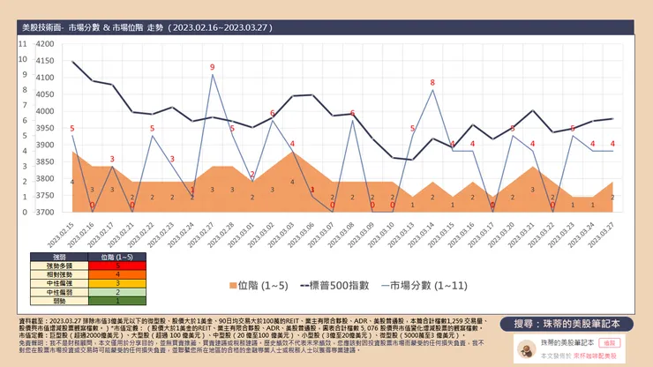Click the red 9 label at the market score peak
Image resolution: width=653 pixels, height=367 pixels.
click(212, 67)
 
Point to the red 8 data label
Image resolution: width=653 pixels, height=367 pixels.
click(432, 83)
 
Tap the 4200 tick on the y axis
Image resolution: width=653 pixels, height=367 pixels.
click(43, 44)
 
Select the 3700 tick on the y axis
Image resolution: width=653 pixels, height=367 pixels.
click(43, 213)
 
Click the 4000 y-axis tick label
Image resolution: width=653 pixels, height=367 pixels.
click(43, 112)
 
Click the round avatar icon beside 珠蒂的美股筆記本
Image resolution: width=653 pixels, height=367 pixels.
click(524, 348)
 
